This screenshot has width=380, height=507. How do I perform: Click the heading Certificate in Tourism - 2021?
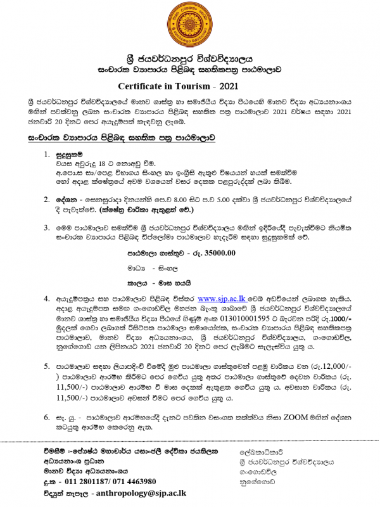click(189, 85)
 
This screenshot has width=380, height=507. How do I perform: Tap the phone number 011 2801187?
click(91, 482)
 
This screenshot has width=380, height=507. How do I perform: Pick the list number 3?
click(46, 226)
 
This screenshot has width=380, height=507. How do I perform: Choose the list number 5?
click(46, 366)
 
